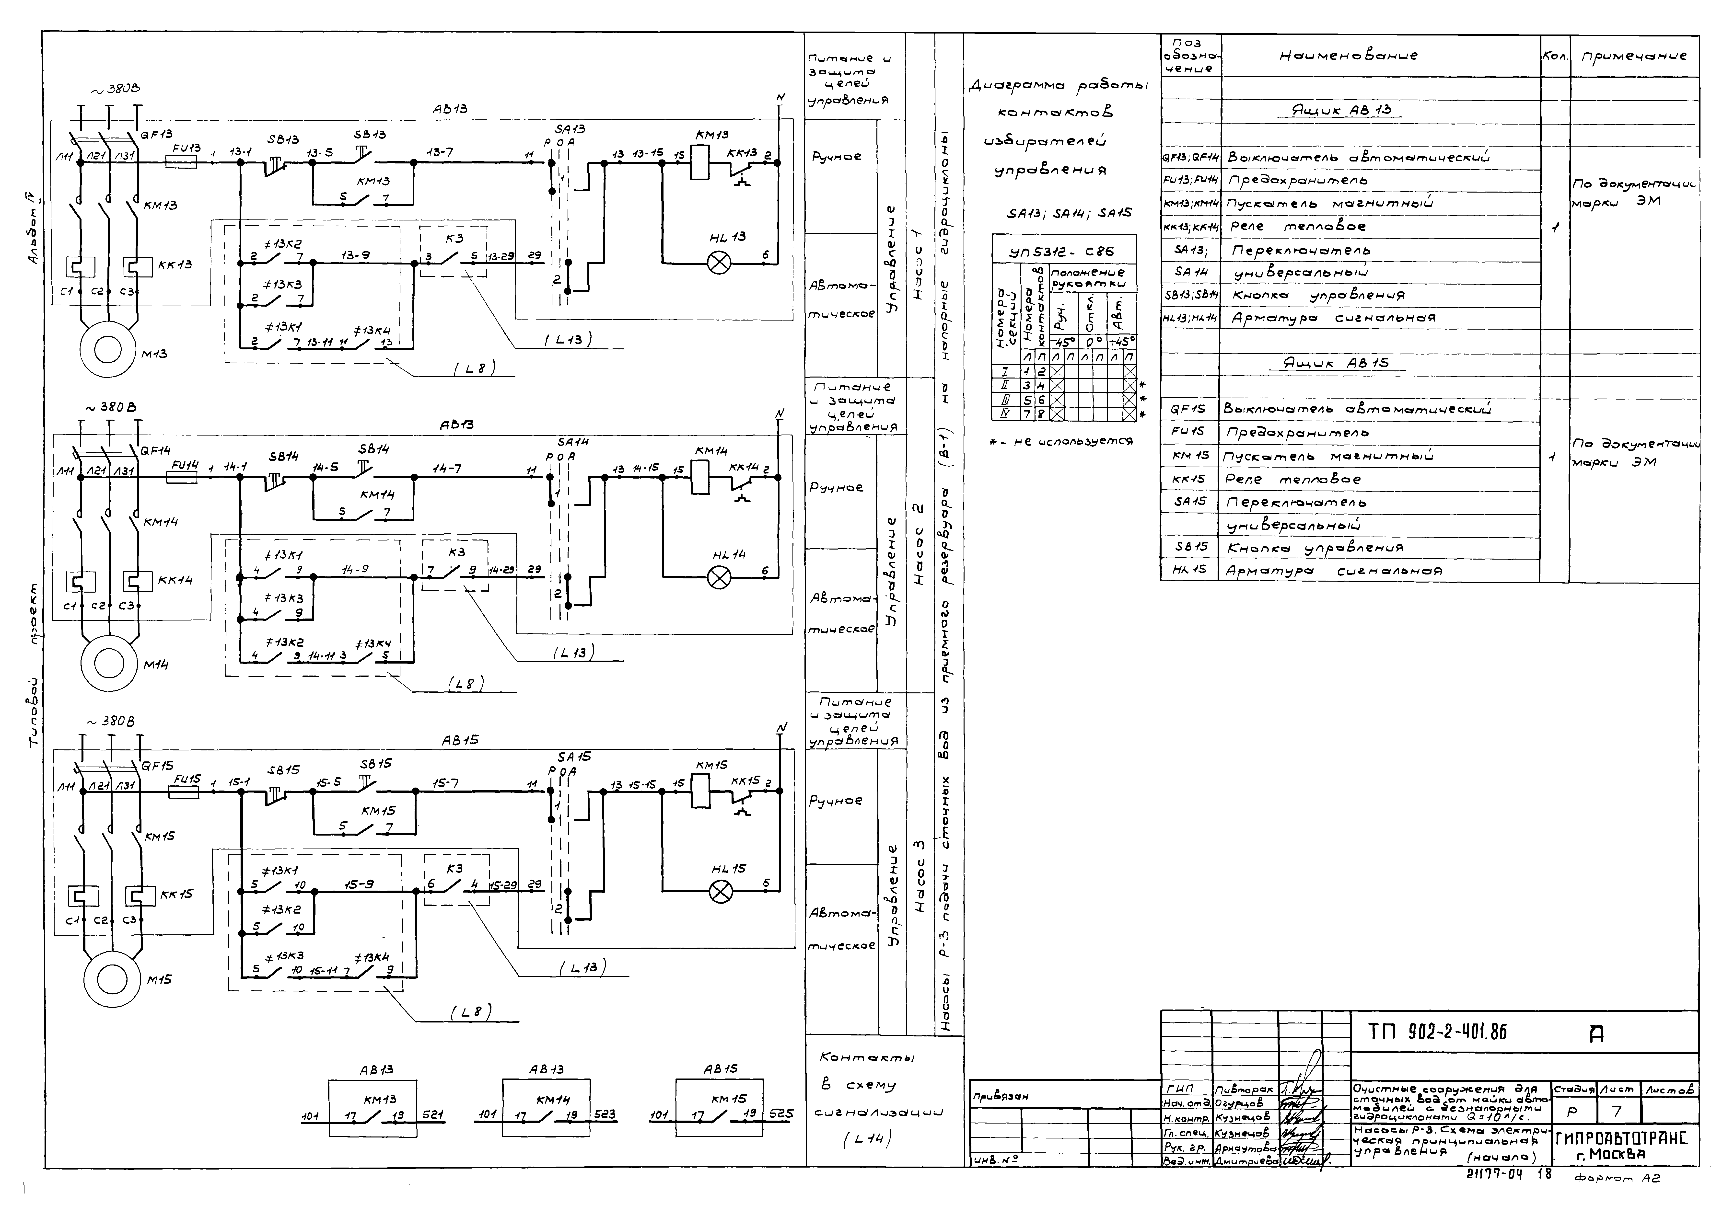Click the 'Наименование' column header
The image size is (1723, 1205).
1349,56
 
